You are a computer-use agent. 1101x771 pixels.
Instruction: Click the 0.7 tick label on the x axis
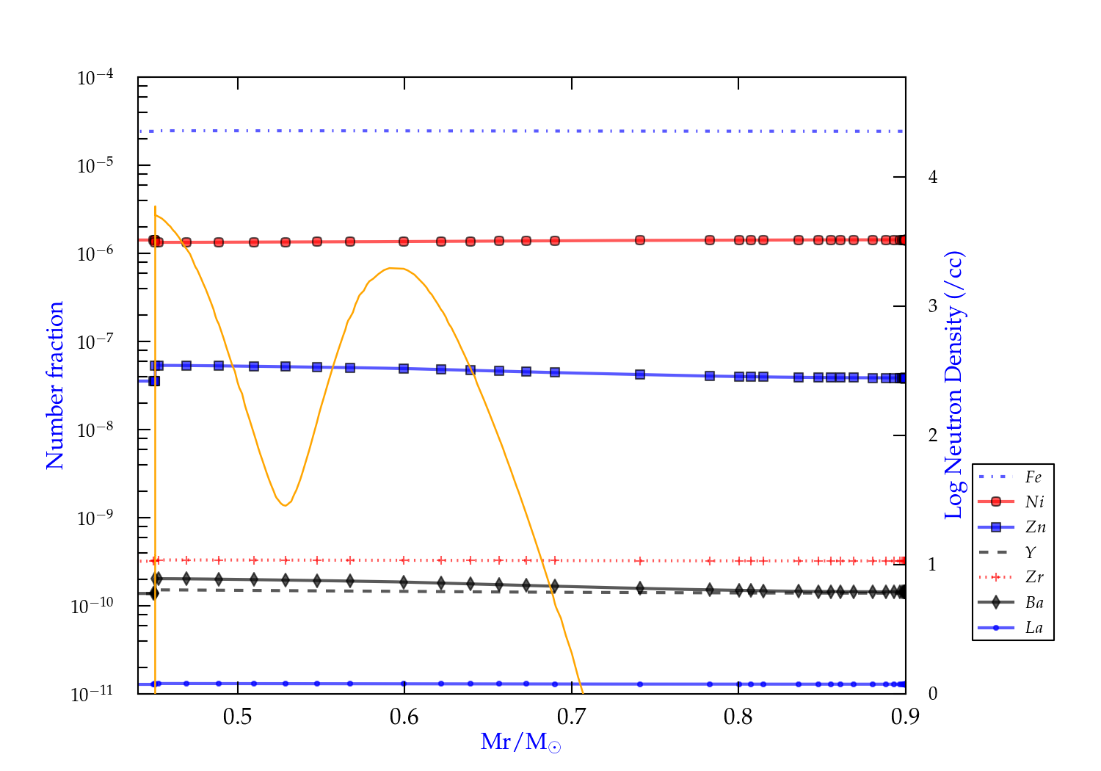(x=571, y=717)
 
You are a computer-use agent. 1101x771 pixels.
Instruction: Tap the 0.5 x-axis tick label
(x=238, y=717)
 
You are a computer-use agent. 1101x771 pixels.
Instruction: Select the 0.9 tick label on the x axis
(x=905, y=717)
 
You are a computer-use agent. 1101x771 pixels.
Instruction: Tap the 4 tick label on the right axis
(x=933, y=177)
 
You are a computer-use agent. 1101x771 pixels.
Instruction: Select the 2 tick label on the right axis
(x=933, y=435)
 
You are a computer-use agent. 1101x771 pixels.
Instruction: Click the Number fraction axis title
(x=56, y=385)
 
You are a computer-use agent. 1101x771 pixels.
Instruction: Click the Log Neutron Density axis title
(x=954, y=385)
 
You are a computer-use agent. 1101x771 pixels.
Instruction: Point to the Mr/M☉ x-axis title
(x=521, y=742)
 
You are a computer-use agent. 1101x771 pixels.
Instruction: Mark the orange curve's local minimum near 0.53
(x=284, y=505)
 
